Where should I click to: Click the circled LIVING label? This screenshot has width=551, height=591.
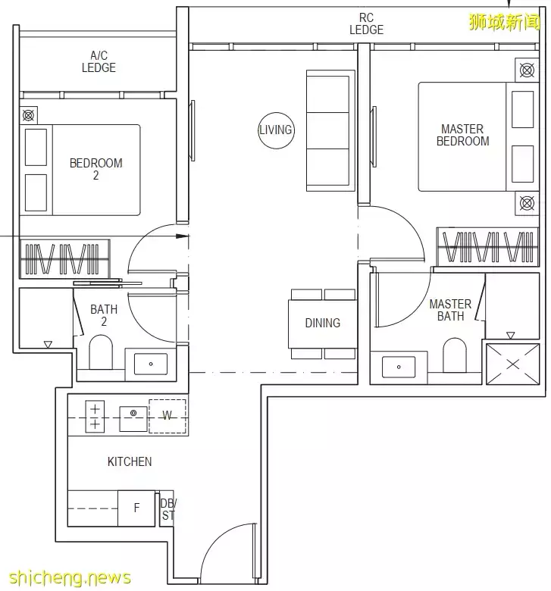276,130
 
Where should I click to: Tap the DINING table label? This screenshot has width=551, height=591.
322,323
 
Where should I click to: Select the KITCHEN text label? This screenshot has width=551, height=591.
130,461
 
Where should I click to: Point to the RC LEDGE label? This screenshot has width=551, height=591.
366,23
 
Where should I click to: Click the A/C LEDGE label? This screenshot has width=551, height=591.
99,62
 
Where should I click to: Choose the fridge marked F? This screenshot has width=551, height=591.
136,508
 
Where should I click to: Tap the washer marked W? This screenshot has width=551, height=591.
167,416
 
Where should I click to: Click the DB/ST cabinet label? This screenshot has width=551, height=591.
168,509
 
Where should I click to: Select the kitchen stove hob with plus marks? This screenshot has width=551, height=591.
95,416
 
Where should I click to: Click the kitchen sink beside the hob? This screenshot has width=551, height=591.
133,419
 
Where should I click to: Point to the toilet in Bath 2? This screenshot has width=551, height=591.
101,352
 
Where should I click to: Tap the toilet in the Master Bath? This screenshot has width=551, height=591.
455,355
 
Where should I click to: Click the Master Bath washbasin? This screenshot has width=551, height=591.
399,367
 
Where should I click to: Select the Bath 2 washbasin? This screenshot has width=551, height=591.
151,364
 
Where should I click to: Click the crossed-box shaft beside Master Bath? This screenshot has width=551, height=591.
512,364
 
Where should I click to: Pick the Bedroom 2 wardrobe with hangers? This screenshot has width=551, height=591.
65,259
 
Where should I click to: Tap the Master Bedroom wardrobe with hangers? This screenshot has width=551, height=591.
487,247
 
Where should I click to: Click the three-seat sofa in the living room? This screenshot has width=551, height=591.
330,130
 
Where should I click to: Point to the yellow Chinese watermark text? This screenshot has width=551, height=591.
505,22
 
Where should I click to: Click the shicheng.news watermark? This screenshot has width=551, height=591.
70,578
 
